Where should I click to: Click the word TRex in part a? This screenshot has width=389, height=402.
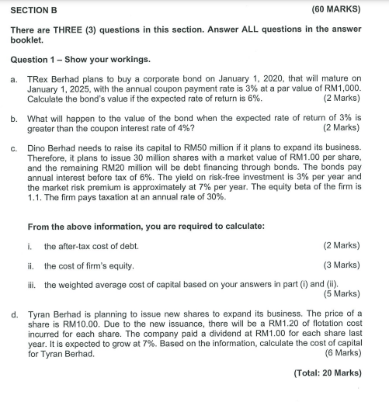pos(38,78)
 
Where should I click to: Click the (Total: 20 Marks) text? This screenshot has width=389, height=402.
pos(328,373)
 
